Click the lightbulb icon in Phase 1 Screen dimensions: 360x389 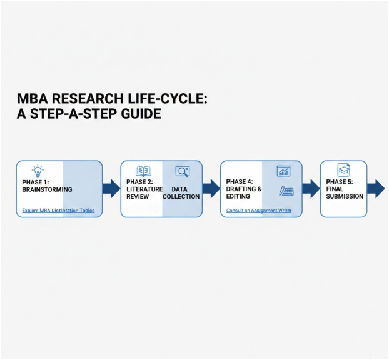pyautogui.click(x=38, y=171)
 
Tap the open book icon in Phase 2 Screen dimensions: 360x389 pyautogui.click(x=143, y=171)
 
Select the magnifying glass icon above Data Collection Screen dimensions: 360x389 pyautogui.click(x=182, y=171)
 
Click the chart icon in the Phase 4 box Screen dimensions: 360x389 pyautogui.click(x=284, y=171)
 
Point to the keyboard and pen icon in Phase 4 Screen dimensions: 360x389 pyautogui.click(x=286, y=191)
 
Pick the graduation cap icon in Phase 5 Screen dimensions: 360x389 pyautogui.click(x=343, y=170)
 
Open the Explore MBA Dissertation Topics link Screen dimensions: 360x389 pyautogui.click(x=58, y=211)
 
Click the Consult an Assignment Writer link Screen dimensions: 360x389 pyautogui.click(x=259, y=211)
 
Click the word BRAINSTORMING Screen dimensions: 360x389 pyautogui.click(x=47, y=189)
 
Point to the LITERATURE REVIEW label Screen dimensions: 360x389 pyautogui.click(x=144, y=192)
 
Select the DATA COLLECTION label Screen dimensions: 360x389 pyautogui.click(x=181, y=192)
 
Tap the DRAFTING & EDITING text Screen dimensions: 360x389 pyautogui.click(x=244, y=192)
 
